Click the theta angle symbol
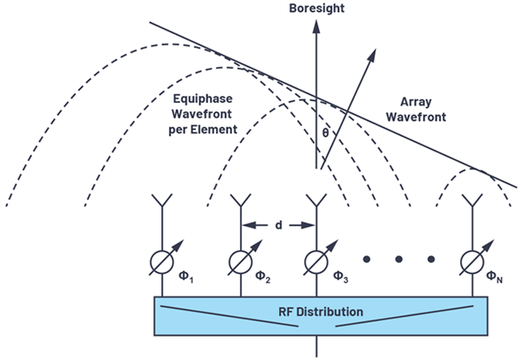(326, 134)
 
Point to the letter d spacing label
(278, 224)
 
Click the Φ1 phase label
(186, 278)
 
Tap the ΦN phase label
(496, 278)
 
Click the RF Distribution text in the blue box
(316, 311)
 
